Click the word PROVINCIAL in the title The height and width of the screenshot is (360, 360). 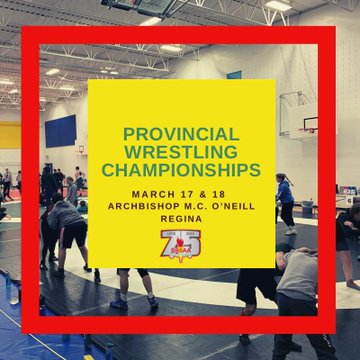click(x=181, y=134)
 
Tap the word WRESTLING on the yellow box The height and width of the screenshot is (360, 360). click(x=182, y=152)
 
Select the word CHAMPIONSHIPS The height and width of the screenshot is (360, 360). click(x=181, y=170)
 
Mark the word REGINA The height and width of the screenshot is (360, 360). click(x=181, y=219)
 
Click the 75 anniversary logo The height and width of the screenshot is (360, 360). click(x=180, y=246)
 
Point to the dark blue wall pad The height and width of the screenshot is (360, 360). click(x=61, y=131)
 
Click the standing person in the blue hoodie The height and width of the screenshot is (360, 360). click(x=286, y=204)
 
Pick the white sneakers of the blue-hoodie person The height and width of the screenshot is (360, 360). click(x=291, y=231)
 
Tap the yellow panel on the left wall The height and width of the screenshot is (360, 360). click(x=10, y=135)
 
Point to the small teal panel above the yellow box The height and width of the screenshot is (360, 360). click(x=234, y=75)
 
